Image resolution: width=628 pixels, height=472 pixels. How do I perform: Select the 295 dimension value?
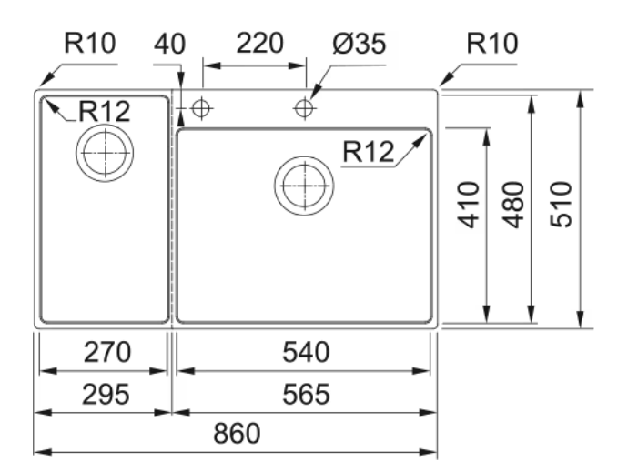[x=102, y=394]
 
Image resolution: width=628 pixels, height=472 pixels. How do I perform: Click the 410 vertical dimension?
[x=468, y=206]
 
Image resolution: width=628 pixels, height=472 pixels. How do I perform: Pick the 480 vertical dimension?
[x=513, y=206]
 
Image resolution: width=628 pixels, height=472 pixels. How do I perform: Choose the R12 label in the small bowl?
[x=104, y=111]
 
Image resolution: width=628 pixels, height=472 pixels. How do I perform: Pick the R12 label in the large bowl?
[x=368, y=153]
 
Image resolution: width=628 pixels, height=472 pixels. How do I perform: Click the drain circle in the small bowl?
[x=105, y=153]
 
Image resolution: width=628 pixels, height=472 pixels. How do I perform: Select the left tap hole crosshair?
[x=202, y=109]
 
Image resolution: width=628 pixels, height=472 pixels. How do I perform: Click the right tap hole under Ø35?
[x=304, y=109]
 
